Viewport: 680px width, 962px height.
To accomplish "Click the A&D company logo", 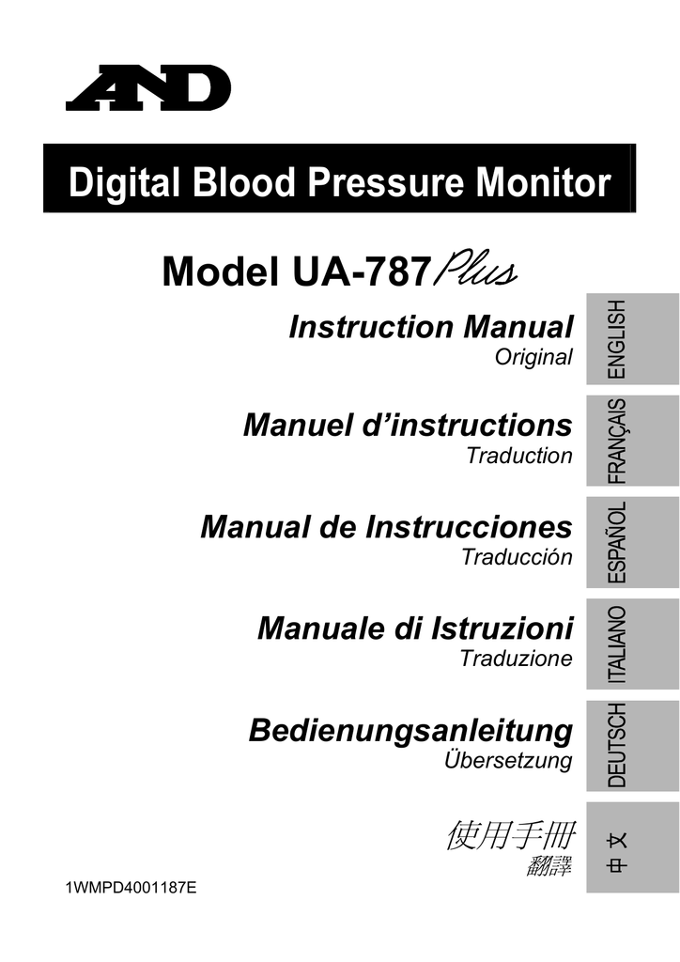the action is (148, 87).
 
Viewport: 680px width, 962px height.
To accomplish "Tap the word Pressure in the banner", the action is (385, 182).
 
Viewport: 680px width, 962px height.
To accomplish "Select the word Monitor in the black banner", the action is (543, 182).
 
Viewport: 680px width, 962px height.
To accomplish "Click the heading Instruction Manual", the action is (431, 326).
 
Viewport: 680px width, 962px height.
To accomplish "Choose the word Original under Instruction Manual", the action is (533, 357).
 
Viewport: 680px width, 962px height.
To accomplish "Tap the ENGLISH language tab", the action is (632, 339).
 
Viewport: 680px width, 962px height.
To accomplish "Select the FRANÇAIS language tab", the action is (632, 442).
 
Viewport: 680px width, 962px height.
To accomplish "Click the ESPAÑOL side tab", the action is (632, 542).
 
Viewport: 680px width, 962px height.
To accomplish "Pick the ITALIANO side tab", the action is (632, 644).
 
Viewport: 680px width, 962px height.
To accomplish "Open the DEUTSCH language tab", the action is (632, 745).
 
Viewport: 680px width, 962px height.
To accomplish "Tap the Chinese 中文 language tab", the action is (632, 847).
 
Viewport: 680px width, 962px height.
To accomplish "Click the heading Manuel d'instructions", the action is (408, 426).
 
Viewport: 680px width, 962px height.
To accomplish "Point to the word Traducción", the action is (517, 557).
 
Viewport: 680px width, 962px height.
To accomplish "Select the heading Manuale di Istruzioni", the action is (415, 628).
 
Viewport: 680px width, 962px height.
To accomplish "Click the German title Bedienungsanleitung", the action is (410, 731).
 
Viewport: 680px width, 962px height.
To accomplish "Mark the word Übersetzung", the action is (508, 760).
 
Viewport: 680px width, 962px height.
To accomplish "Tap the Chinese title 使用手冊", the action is (511, 835).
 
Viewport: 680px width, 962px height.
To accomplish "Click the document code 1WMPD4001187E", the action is (131, 888).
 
